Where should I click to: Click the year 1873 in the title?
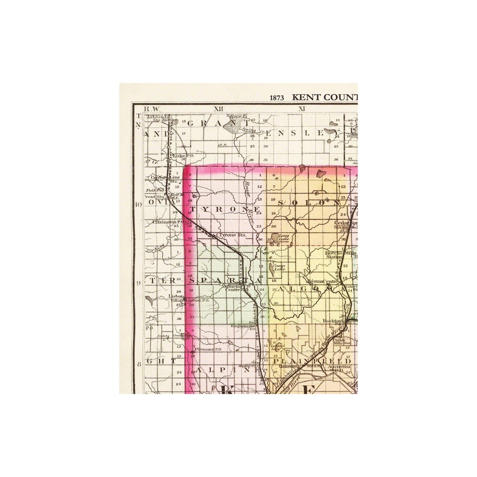[x=277, y=98]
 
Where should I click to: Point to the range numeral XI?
[x=302, y=109]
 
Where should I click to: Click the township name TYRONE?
[x=225, y=209]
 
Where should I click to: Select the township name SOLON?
[x=309, y=203]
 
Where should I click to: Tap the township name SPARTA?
[x=226, y=281]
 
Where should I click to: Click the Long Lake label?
[x=283, y=238]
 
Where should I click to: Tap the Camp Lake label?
[x=280, y=267]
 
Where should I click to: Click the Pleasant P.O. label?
[x=208, y=349]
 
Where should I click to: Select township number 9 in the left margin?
[x=139, y=283]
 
